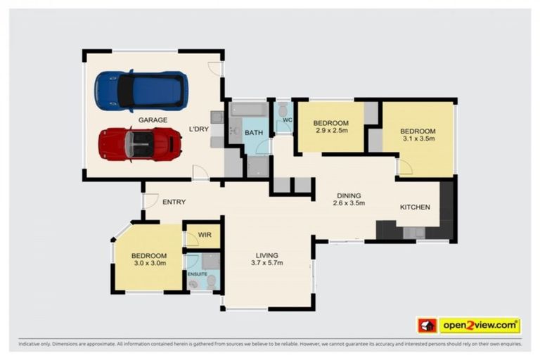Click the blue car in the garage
141,90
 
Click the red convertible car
140,144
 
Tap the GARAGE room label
153,120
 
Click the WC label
287,120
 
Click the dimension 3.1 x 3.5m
418,139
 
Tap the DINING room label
348,195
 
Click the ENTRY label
174,202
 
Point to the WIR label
205,235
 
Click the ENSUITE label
197,273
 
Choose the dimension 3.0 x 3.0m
149,264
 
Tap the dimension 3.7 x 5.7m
266,264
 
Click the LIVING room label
266,255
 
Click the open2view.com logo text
479,326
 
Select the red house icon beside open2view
427,326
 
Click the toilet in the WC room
283,111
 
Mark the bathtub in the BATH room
248,110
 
